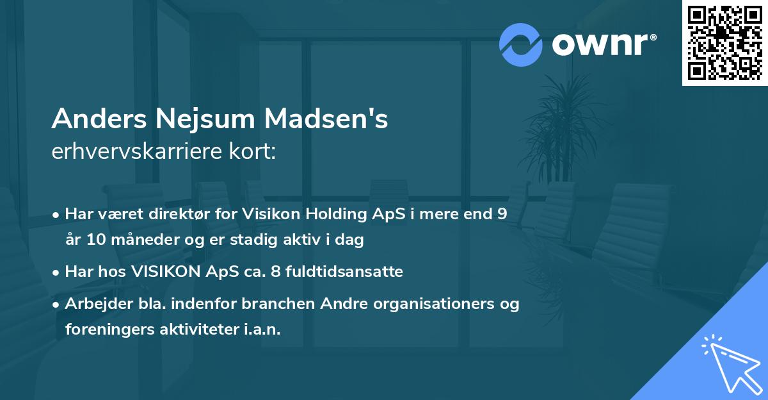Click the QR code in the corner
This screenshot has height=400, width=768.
tap(725, 43)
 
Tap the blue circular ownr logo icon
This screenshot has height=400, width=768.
tap(520, 45)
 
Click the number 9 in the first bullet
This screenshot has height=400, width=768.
tap(502, 214)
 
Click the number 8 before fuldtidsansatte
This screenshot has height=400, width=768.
tap(276, 272)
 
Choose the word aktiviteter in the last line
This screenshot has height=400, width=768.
tap(200, 329)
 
